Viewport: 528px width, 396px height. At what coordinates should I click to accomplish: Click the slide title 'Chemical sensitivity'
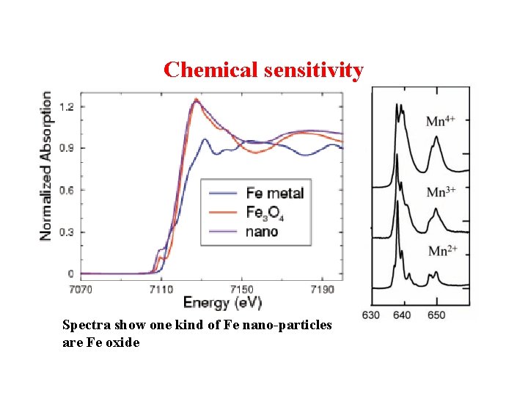click(x=263, y=70)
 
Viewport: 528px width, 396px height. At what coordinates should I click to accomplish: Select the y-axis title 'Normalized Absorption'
click(x=46, y=166)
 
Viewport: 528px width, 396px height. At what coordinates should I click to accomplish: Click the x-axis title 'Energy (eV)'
click(x=222, y=303)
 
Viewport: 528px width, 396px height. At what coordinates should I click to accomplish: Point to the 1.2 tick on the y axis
click(x=67, y=107)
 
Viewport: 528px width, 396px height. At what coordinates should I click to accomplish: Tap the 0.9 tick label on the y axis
click(x=67, y=149)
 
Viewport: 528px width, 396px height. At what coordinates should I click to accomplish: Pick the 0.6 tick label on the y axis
click(x=67, y=191)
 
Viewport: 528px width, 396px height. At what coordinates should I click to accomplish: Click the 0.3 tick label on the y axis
click(x=67, y=232)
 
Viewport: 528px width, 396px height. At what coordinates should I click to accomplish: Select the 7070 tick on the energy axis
click(x=81, y=289)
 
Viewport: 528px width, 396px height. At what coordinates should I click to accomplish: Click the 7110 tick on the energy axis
click(x=161, y=289)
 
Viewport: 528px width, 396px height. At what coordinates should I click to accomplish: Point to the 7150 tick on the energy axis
click(x=242, y=289)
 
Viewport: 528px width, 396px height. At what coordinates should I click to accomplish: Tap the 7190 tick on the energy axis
click(x=323, y=289)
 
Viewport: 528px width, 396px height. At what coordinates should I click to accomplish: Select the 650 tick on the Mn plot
click(x=436, y=316)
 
